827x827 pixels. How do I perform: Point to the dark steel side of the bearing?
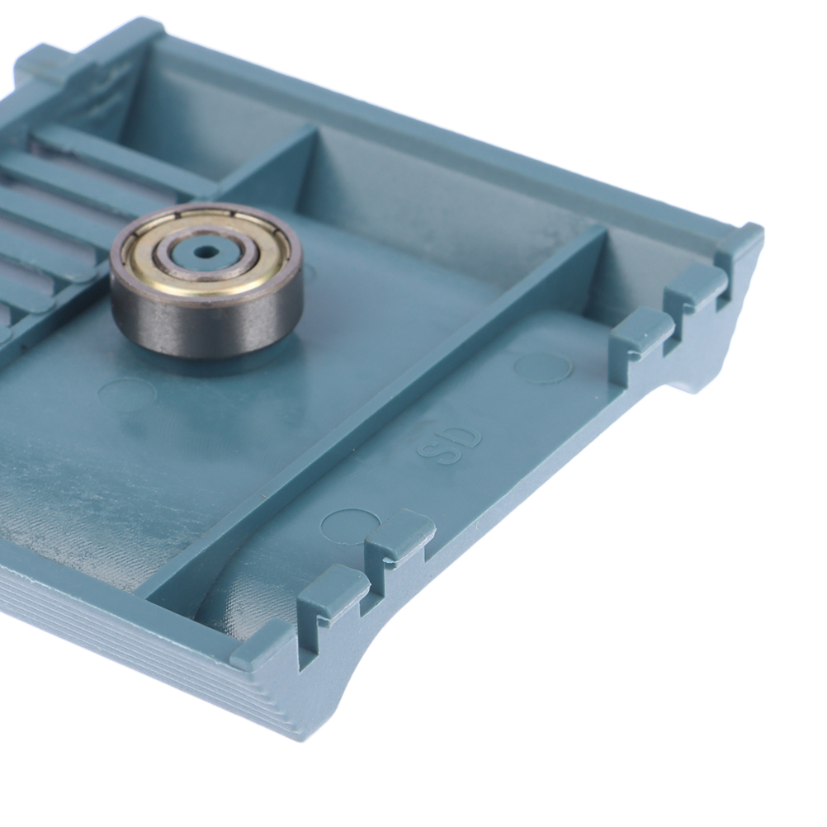[206, 322]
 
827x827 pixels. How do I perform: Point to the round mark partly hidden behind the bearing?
[308, 275]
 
